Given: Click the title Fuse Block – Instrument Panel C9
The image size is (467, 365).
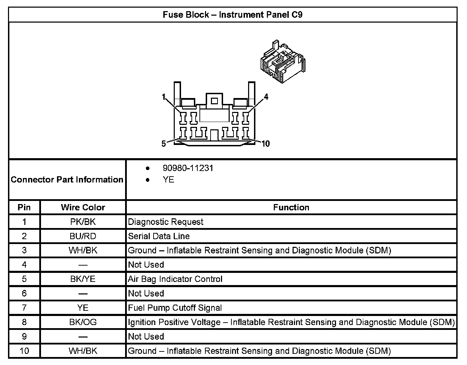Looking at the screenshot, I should [x=232, y=15].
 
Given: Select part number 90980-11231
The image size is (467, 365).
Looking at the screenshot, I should [x=188, y=168].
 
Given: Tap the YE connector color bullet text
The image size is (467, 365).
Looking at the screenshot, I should [x=169, y=180].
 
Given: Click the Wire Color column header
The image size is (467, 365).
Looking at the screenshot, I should [x=83, y=208].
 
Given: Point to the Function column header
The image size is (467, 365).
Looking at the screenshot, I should [x=291, y=208].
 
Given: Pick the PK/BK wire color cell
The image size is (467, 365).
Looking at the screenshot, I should [x=83, y=222].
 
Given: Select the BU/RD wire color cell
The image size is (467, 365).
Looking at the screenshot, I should [x=83, y=236].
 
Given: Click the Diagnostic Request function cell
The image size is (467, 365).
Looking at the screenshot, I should [x=166, y=222].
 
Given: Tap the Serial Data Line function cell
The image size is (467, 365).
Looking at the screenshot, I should [x=159, y=236].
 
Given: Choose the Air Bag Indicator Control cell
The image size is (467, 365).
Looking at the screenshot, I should [x=175, y=279].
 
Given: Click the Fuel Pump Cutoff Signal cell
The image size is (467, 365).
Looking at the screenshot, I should [x=175, y=308].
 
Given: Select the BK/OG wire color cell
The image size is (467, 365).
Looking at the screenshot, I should [x=83, y=322].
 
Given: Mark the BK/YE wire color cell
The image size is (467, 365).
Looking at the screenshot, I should [x=83, y=279].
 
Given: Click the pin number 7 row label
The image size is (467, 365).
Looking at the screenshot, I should [x=24, y=308].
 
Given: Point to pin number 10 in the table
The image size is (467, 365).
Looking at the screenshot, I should [x=24, y=351].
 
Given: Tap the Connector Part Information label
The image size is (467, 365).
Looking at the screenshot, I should [x=67, y=180].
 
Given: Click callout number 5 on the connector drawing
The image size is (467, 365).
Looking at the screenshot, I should [x=164, y=144].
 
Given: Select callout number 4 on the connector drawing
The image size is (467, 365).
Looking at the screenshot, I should [x=266, y=97].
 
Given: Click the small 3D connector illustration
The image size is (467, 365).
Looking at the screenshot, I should [x=282, y=61].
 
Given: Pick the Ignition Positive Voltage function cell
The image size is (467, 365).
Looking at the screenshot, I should [x=291, y=322].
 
